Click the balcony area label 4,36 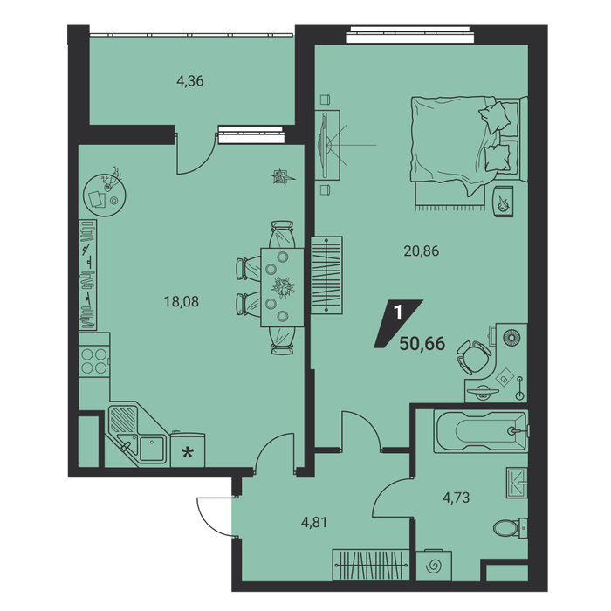click(190, 81)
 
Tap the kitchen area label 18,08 click(182, 302)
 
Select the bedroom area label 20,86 click(422, 251)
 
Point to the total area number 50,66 click(422, 344)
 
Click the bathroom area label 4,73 click(456, 498)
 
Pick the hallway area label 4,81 click(314, 522)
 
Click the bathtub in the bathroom click(481, 431)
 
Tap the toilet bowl click(510, 529)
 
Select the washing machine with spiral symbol click(434, 566)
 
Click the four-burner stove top click(93, 361)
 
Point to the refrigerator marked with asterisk click(188, 450)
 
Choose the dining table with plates click(282, 287)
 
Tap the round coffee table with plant click(105, 195)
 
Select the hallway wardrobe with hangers click(371, 565)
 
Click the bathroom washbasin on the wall click(517, 483)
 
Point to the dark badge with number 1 click(398, 324)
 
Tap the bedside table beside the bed click(504, 202)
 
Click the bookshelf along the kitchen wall click(87, 275)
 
